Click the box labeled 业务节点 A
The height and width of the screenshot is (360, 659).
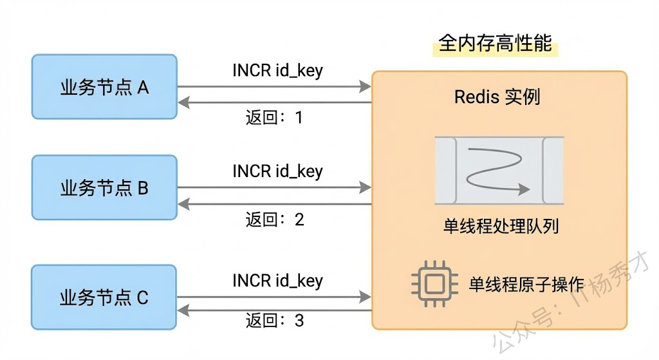pyautogui.click(x=104, y=86)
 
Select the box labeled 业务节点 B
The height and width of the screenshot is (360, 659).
pyautogui.click(x=104, y=187)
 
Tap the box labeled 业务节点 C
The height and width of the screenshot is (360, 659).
pyautogui.click(x=104, y=298)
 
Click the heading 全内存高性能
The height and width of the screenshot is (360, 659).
pyautogui.click(x=495, y=43)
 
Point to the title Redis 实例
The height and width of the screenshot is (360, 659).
pyautogui.click(x=497, y=97)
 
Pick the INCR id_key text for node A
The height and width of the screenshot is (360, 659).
pyautogui.click(x=277, y=70)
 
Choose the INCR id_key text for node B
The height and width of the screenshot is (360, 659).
pyautogui.click(x=277, y=172)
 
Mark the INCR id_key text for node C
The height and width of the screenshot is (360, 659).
pyautogui.click(x=277, y=281)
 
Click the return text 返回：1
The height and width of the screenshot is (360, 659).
pyautogui.click(x=274, y=118)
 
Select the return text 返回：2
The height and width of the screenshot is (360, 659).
pyautogui.click(x=274, y=220)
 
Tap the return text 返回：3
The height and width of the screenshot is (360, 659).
pyautogui.click(x=274, y=320)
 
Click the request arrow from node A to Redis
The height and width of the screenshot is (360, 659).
pyautogui.click(x=274, y=86)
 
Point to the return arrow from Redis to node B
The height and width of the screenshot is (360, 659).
pyautogui.click(x=274, y=204)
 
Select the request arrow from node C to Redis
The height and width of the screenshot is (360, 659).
pyautogui.click(x=274, y=297)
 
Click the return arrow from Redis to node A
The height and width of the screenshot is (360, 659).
pyautogui.click(x=274, y=102)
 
